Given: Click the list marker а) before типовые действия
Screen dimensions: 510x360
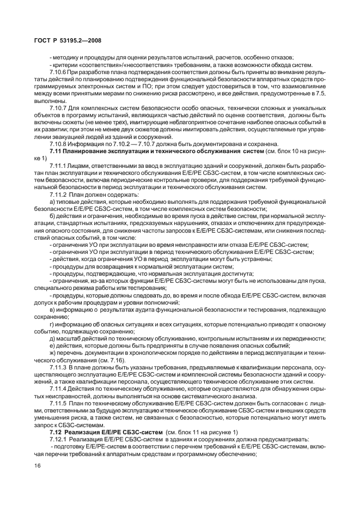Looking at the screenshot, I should click(x=51, y=202).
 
